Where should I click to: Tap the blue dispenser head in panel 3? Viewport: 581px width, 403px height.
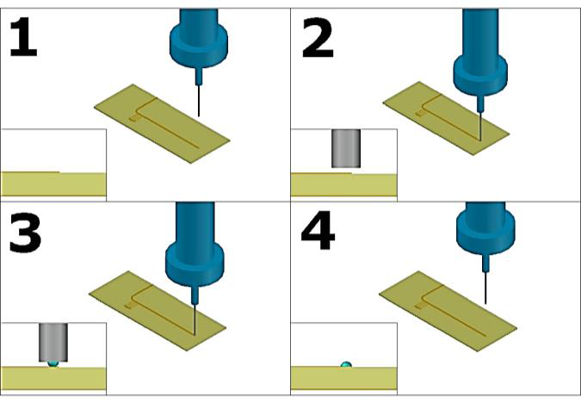pos(195,250)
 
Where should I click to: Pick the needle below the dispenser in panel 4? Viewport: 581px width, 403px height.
pos(487,284)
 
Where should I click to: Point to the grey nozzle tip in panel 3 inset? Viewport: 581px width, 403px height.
pos(53,341)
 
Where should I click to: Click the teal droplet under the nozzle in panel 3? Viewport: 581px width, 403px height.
pos(53,363)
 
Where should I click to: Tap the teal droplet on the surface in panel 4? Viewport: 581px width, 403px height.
pos(346,364)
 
